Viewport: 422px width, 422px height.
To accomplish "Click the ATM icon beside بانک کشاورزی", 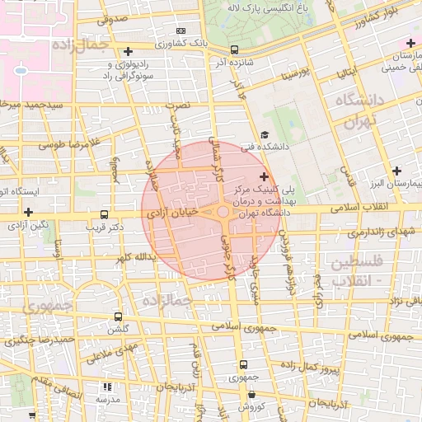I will [x=181, y=30].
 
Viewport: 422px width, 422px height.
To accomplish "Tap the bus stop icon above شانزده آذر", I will [x=235, y=49].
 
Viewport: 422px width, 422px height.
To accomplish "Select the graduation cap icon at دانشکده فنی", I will [x=264, y=135].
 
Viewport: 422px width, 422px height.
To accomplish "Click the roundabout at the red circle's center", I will [x=224, y=211].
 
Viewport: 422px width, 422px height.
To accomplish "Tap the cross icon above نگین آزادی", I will [x=28, y=212].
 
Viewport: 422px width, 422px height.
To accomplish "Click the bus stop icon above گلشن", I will [x=119, y=316].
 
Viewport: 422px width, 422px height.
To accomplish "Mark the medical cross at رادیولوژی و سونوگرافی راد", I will [x=128, y=51].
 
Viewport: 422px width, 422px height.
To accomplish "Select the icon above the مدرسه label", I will [x=107, y=386].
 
